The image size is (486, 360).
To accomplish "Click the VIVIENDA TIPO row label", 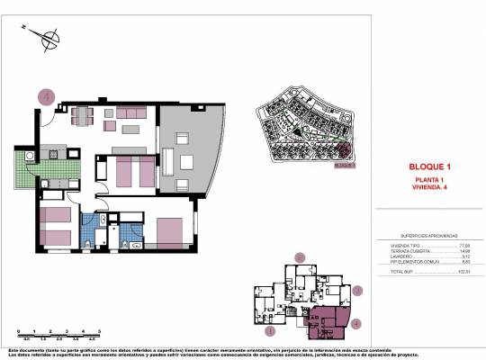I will point(393,244).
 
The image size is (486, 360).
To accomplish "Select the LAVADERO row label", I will point(391,256).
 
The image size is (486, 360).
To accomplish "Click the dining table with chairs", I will point(82,115).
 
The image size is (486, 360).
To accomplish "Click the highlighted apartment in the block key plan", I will point(329,319).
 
